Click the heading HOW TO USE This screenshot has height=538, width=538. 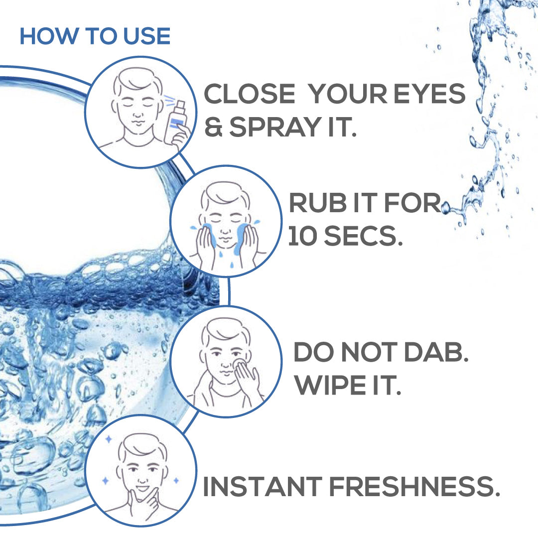click(95, 36)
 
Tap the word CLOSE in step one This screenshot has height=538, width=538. click(250, 93)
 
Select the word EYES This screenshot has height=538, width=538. click(429, 93)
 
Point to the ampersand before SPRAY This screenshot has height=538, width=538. click(213, 127)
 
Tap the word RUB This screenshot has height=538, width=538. click(318, 202)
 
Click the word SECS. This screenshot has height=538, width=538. click(363, 236)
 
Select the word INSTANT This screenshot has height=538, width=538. click(263, 486)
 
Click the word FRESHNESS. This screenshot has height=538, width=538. click(414, 486)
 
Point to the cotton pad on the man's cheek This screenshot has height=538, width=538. click(239, 364)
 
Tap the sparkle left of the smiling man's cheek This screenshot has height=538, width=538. click(106, 481)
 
